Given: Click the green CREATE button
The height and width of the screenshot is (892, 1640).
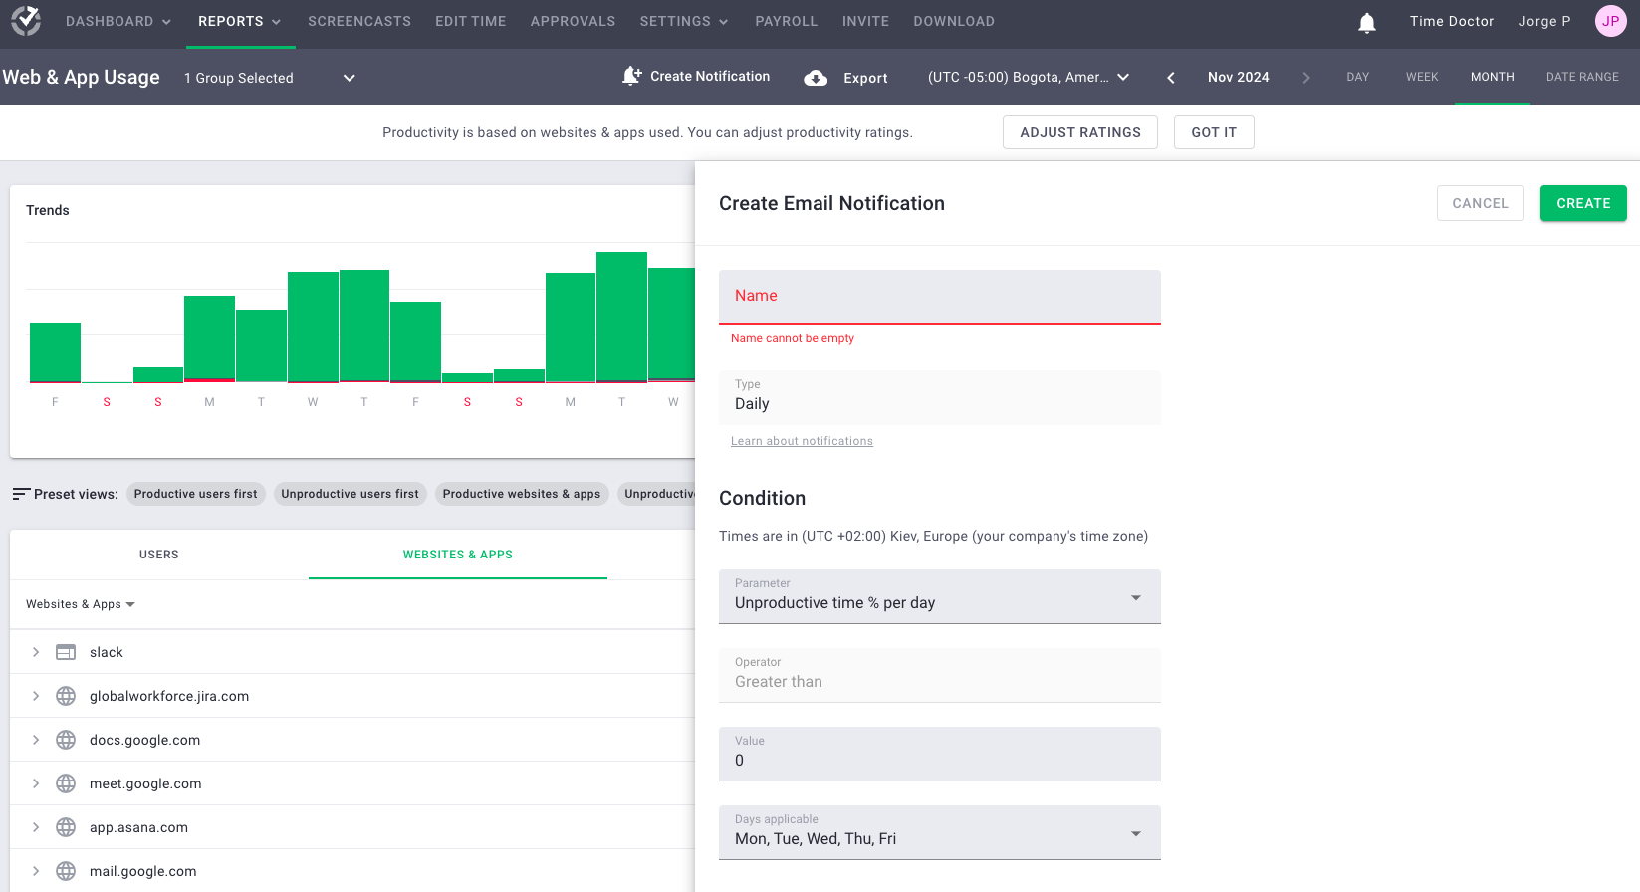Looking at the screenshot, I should click(1582, 203).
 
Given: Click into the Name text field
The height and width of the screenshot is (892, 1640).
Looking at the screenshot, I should click(939, 297).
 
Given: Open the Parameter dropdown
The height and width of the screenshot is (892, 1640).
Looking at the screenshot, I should click(939, 597).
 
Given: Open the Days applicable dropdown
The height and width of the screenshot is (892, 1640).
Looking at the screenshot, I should click(939, 833).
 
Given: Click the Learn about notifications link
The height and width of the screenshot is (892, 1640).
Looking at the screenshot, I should click(802, 441).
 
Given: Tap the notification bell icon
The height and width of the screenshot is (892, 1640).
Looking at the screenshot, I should click(1367, 22).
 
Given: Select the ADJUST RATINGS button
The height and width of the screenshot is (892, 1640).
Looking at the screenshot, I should click(1079, 132).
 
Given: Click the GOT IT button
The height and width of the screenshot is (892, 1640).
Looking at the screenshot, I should click(1213, 132).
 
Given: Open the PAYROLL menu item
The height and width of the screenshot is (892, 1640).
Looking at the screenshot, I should click(786, 21).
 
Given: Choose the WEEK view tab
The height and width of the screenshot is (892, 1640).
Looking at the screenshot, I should click(1421, 77).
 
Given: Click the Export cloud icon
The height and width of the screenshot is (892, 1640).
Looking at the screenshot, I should click(816, 78).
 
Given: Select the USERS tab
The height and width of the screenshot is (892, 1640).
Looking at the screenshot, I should click(159, 555).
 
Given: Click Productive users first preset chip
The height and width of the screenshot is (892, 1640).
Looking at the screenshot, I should click(195, 494).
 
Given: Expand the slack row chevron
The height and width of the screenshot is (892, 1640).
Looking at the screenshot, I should click(36, 652).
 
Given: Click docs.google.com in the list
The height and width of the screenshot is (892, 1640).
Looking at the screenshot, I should click(144, 740).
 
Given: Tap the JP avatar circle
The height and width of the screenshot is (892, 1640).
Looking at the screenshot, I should click(1610, 21).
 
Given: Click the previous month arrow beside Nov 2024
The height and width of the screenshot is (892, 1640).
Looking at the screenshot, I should click(1171, 78).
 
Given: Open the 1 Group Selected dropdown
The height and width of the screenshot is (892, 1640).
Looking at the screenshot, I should click(269, 78).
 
